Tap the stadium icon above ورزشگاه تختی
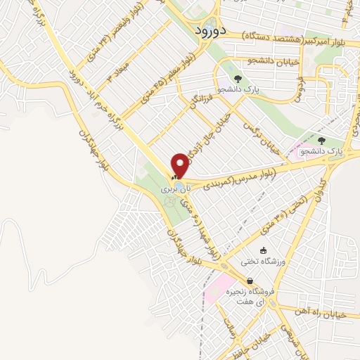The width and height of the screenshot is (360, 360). point(264,250)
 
